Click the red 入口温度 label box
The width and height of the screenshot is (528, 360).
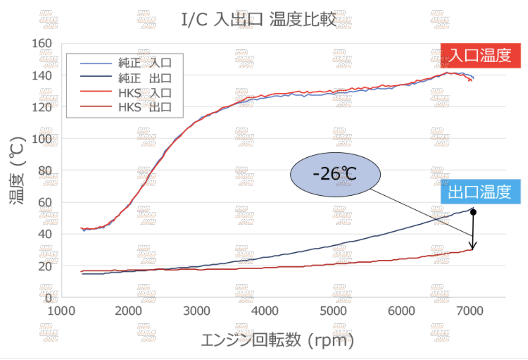(x=480, y=56)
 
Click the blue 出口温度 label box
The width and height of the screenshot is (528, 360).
(x=480, y=192)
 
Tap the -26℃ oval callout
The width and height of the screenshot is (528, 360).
(x=335, y=174)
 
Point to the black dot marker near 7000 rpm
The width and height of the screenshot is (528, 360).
(x=473, y=212)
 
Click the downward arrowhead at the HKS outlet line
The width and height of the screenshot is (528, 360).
(x=473, y=247)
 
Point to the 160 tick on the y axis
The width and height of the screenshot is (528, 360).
(x=42, y=43)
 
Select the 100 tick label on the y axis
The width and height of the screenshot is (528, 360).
(x=42, y=139)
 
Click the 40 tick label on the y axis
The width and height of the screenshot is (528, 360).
(x=45, y=234)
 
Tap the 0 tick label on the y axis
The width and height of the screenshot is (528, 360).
(x=48, y=298)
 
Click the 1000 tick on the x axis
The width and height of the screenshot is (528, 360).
(x=61, y=311)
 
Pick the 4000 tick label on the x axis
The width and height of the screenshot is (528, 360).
(x=265, y=311)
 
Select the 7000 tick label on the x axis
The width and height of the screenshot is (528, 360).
(x=470, y=311)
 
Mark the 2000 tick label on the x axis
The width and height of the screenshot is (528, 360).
(x=128, y=311)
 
